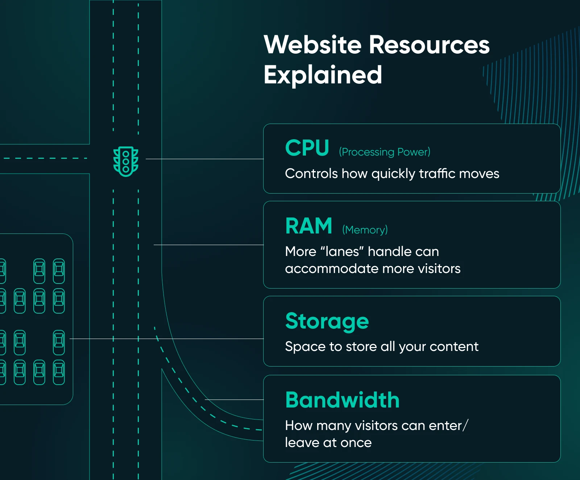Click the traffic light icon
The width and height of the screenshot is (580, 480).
126,161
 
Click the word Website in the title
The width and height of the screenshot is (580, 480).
312,45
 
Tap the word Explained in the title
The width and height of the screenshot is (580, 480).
323,75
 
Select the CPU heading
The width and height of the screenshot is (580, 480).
307,148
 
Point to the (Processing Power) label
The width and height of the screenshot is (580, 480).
385,152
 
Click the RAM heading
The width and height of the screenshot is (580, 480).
308,226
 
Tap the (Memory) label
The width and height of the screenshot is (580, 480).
365,230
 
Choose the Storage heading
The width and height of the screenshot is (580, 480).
327,321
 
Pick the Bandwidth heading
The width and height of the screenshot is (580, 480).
342,400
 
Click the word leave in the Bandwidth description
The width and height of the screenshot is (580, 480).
302,443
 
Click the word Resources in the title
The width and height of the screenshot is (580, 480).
429,45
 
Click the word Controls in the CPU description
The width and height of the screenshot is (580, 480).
311,174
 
